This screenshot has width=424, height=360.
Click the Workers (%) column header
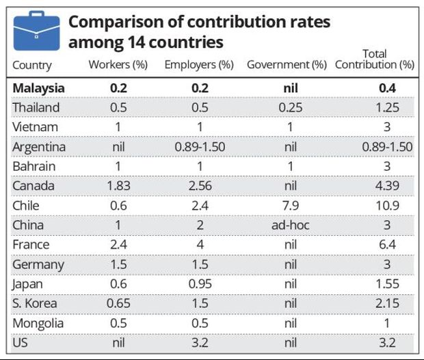click(x=118, y=66)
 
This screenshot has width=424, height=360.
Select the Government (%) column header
click(x=286, y=66)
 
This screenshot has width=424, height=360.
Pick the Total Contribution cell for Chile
click(x=387, y=206)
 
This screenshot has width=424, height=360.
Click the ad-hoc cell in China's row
click(x=291, y=225)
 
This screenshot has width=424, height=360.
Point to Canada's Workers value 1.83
click(x=118, y=186)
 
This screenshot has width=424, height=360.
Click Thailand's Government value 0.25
click(x=291, y=108)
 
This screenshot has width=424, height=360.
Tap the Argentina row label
click(x=39, y=147)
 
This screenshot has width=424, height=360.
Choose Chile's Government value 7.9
click(x=291, y=206)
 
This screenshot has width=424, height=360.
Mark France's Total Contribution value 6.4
click(x=387, y=245)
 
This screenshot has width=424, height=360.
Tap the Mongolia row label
click(x=38, y=323)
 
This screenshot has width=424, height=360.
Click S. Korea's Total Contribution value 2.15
click(x=387, y=303)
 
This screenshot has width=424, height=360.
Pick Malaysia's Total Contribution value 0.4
click(x=387, y=88)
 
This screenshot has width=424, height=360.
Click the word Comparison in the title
click(x=114, y=22)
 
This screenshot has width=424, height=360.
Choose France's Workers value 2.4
click(x=118, y=245)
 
